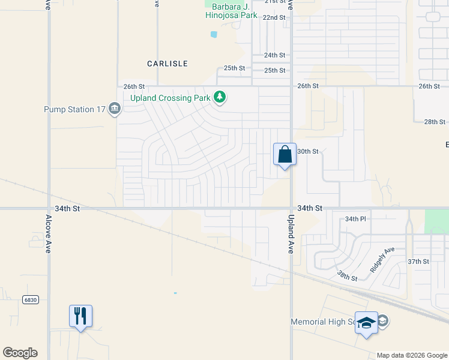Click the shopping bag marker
pyautogui.click(x=285, y=155)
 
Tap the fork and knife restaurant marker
pyautogui.click(x=80, y=316)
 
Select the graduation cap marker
pyautogui.click(x=366, y=323)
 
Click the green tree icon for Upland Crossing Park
pyautogui.click(x=220, y=97)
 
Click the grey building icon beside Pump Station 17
pyautogui.click(x=115, y=109)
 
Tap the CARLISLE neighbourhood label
pyautogui.click(x=167, y=64)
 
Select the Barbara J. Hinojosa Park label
pyautogui.click(x=232, y=11)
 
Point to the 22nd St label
pyautogui.click(x=274, y=18)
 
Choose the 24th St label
pyautogui.click(x=274, y=55)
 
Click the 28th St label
pyautogui.click(x=434, y=122)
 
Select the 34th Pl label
pyautogui.click(x=355, y=220)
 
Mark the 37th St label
pyautogui.click(x=418, y=262)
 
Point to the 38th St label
pyautogui.click(x=346, y=275)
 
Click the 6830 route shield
pyautogui.click(x=30, y=299)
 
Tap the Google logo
pyautogui.click(x=20, y=353)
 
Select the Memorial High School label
pyautogui.click(x=324, y=322)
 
